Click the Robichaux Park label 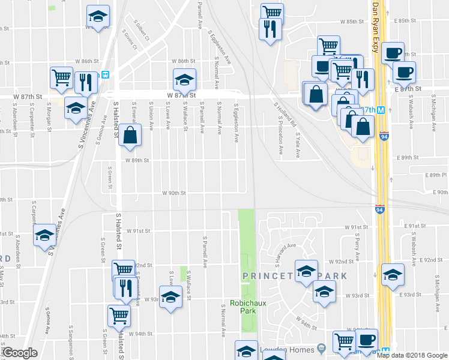coord(246,307)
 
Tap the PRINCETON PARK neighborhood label coord(295,276)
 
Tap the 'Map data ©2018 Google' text coord(411,355)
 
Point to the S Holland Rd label coord(285,115)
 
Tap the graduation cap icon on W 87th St coord(185,79)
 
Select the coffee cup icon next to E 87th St coord(404,72)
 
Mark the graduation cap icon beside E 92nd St coord(393,274)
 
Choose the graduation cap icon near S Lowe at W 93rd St coord(170,297)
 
